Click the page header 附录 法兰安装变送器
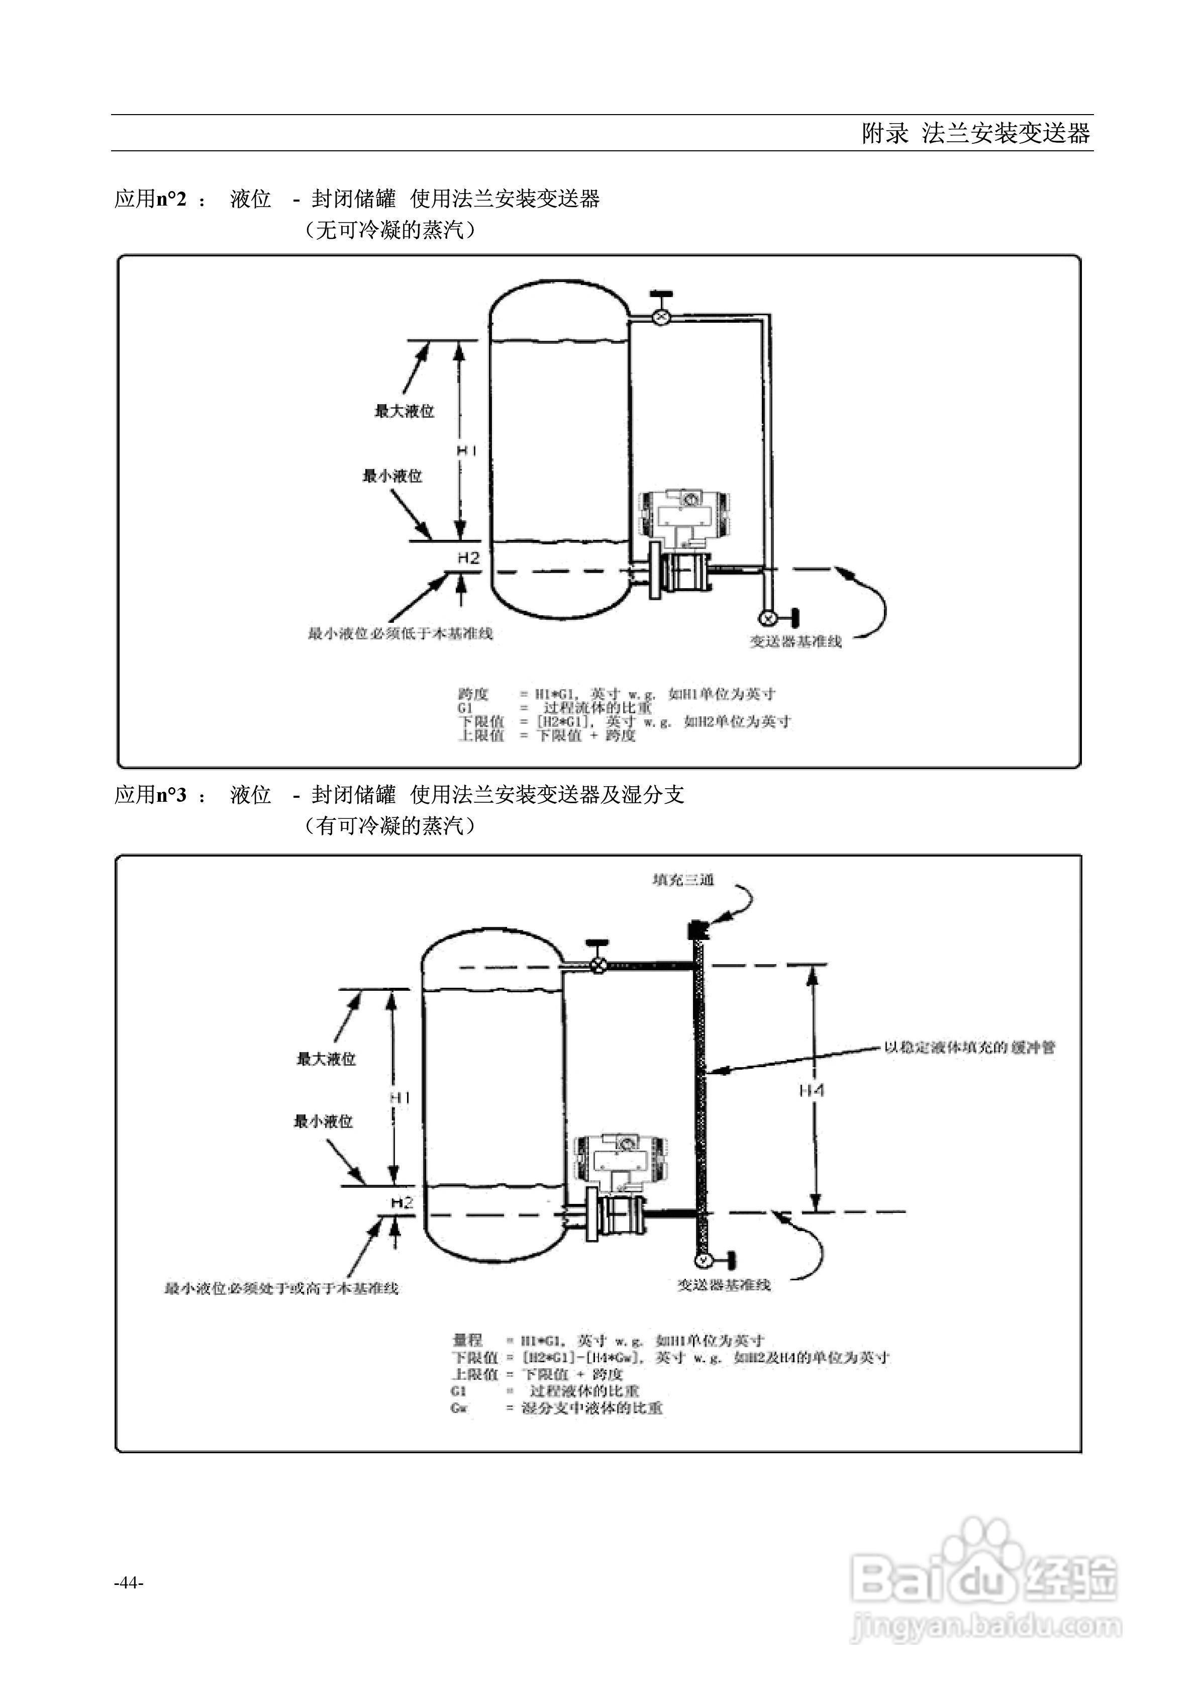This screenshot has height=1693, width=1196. pos(975,134)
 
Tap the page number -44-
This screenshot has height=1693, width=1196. pos(129,1582)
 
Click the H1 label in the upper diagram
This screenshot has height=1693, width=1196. pos(467,450)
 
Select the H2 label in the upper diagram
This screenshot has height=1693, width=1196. pos(468,558)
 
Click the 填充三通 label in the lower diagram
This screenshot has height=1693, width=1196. pos(683,880)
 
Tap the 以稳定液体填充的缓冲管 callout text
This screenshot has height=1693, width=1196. pos(970,1047)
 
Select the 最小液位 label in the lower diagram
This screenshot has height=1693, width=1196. pos(324,1121)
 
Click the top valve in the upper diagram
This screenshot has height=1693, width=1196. pos(661,316)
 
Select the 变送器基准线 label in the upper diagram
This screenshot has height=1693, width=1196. pos(795,641)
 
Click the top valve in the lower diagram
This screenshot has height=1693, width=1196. pos(599,965)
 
